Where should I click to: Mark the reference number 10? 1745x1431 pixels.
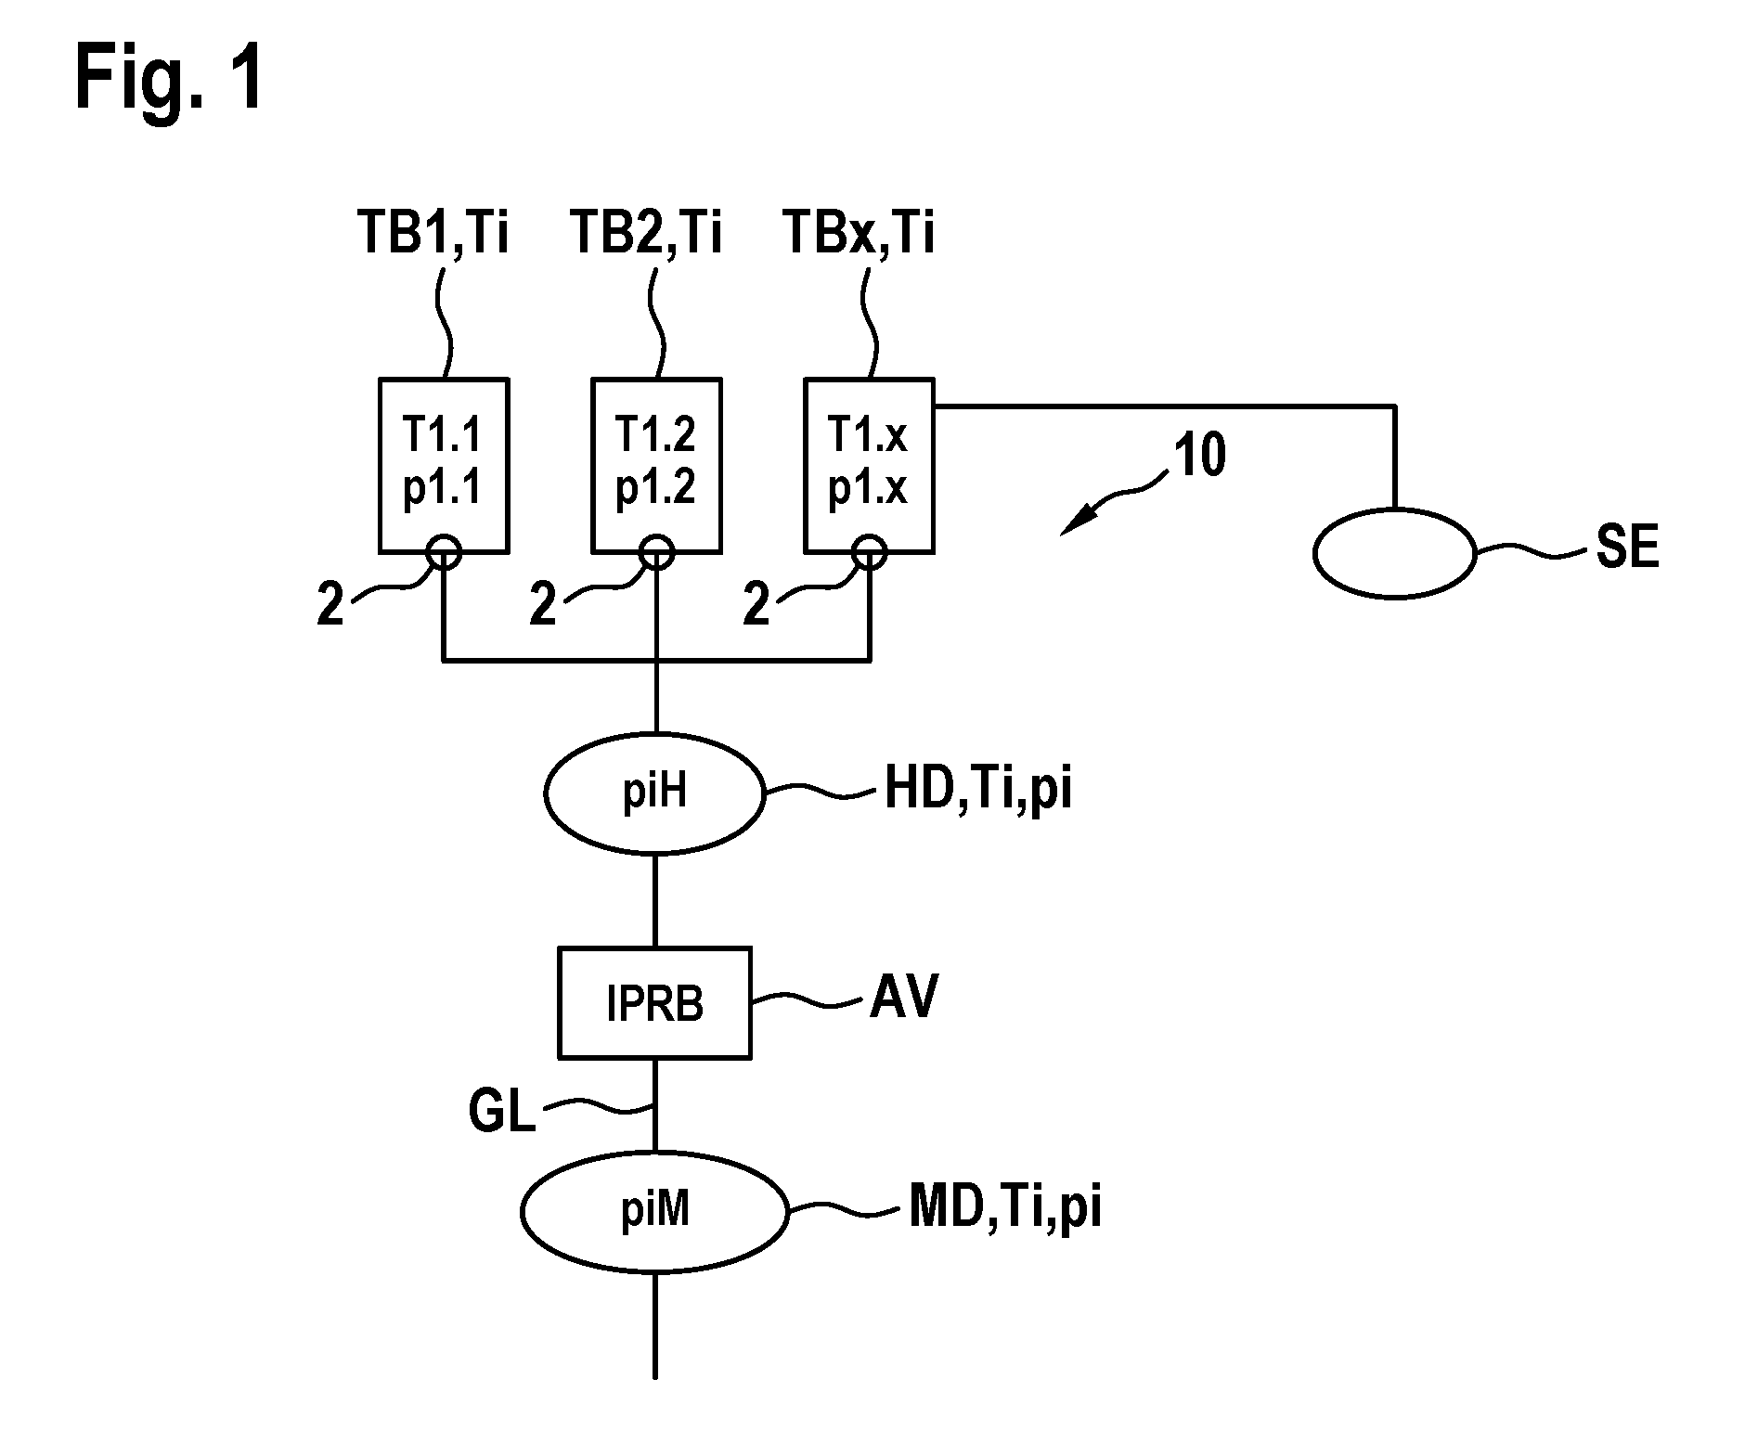coord(1200,456)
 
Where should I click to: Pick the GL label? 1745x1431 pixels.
coord(502,1113)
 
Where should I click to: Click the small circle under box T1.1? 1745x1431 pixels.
coord(444,554)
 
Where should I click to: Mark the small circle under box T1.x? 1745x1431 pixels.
coord(870,554)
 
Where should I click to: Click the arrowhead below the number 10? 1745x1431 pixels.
coord(1078,523)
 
